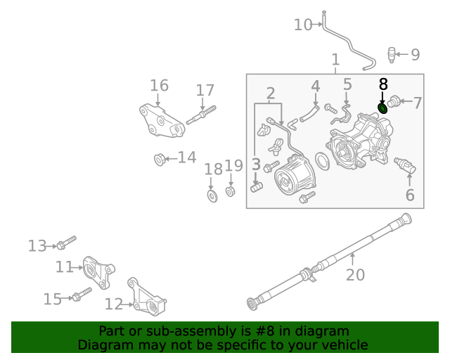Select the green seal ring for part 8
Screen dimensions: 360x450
[x=383, y=108]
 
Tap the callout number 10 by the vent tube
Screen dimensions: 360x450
[x=303, y=25]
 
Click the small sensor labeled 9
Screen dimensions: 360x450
[x=392, y=53]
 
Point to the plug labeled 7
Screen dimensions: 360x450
[x=394, y=103]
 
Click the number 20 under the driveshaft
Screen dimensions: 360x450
[x=355, y=274]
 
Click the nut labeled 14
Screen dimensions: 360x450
[x=160, y=160]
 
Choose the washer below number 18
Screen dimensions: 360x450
[x=212, y=195]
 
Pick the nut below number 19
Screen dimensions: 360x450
[x=230, y=191]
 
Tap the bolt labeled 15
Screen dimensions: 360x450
[x=82, y=295]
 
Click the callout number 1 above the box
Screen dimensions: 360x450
[x=335, y=60]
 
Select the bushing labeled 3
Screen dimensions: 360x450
[x=256, y=187]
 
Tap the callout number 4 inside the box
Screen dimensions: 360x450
[x=316, y=86]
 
